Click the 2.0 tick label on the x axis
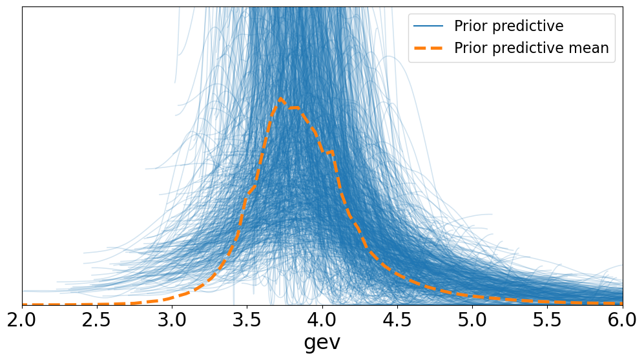coord(22,320)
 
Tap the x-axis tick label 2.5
coord(97,320)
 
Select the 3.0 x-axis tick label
coord(172,320)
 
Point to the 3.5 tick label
coord(247,320)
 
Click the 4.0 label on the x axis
coord(322,320)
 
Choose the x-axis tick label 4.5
coord(397,320)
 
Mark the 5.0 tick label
coord(473,320)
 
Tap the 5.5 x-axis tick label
coord(548,320)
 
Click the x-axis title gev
coord(322,343)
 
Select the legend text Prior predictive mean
coord(531,48)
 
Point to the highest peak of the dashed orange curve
coord(280,99)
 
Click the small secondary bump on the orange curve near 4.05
coord(331,152)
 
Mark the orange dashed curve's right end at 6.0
coord(621,303)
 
